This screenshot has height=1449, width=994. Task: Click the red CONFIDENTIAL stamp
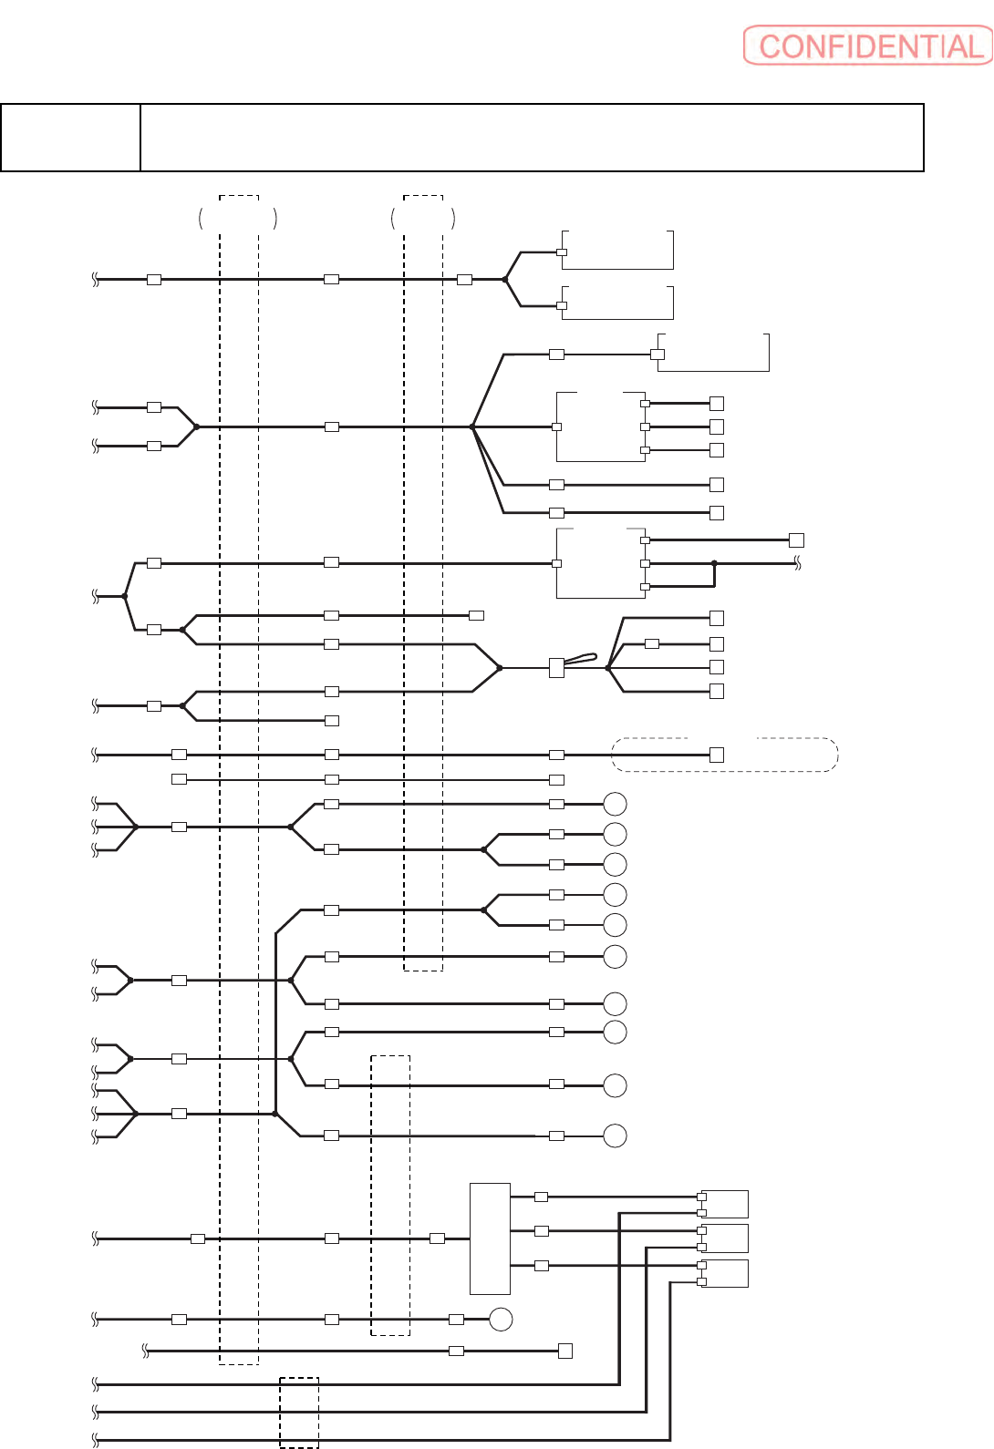[867, 46]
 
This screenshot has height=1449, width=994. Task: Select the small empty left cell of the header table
[70, 138]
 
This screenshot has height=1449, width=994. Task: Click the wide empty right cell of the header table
[532, 138]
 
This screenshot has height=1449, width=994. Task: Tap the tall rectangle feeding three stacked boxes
[490, 1238]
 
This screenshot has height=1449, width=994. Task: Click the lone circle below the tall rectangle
[501, 1319]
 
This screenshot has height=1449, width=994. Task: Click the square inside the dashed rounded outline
[717, 755]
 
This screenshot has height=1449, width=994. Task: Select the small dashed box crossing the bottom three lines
[299, 1413]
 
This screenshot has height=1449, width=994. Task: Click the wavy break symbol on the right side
[798, 564]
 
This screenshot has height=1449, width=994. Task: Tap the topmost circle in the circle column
[616, 804]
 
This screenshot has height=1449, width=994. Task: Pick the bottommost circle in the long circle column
[616, 1136]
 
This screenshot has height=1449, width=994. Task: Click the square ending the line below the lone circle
[565, 1351]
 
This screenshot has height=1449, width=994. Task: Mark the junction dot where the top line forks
[505, 280]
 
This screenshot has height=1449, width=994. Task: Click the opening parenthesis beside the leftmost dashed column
[201, 218]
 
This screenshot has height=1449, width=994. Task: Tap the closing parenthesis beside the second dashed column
[453, 218]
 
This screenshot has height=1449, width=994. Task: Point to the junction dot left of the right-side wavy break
[714, 563]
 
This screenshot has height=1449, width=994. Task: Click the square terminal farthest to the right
[796, 540]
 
